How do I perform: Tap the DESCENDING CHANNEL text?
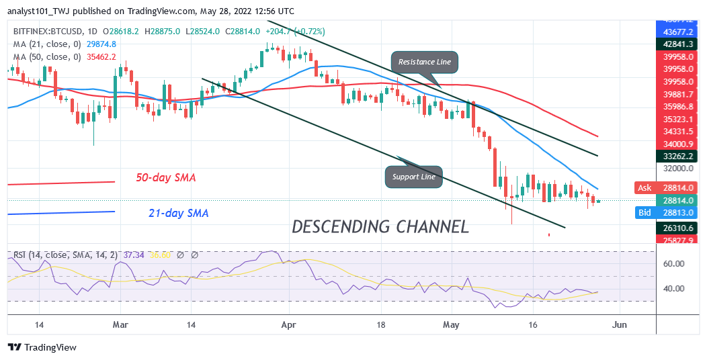click(380, 226)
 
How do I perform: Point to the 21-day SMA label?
click(178, 214)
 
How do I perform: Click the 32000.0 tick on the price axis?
click(674, 168)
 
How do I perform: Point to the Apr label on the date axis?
click(290, 324)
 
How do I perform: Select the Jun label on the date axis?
click(619, 324)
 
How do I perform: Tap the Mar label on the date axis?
click(120, 324)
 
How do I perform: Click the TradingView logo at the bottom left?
click(42, 347)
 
